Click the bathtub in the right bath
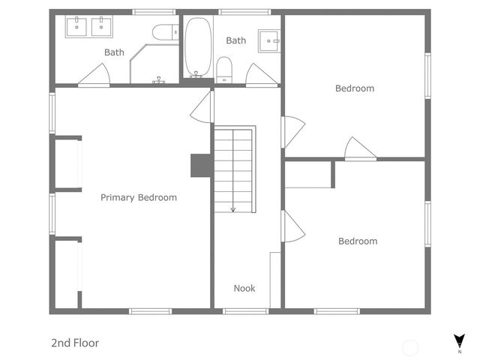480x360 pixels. click(x=198, y=47)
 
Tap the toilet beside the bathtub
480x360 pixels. click(x=224, y=70)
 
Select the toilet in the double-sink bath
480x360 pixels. click(x=164, y=32)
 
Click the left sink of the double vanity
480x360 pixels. click(x=77, y=27)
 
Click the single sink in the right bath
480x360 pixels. click(x=268, y=40)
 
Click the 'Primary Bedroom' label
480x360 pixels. click(x=139, y=198)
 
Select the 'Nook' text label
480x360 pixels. click(x=244, y=288)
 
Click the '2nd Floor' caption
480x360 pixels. click(x=75, y=343)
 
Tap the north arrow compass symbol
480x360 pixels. click(x=459, y=341)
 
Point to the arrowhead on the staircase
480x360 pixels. click(x=232, y=209)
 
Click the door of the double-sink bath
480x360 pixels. click(x=96, y=75)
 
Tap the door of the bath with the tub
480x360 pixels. click(x=259, y=75)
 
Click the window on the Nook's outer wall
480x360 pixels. click(x=245, y=311)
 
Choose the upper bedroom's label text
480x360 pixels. click(x=354, y=88)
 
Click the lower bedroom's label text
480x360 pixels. click(x=357, y=241)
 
